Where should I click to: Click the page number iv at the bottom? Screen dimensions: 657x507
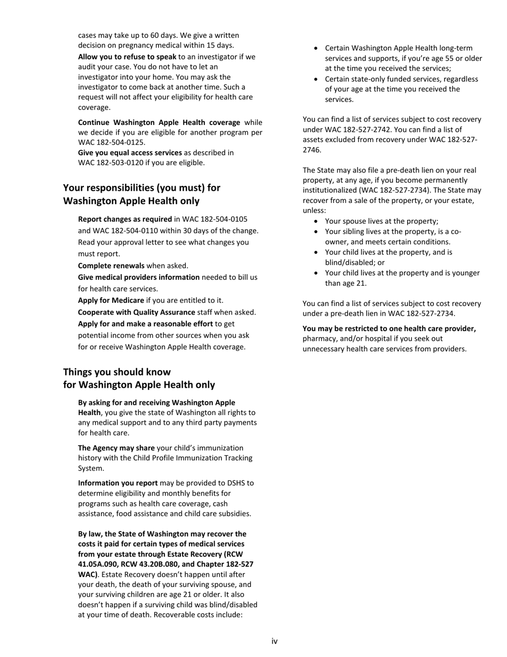(274, 641)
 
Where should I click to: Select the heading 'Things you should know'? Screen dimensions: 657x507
(117, 372)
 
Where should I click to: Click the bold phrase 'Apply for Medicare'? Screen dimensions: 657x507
(111, 300)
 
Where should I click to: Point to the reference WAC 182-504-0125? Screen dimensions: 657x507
(112, 143)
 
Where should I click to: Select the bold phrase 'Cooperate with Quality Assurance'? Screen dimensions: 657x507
(137, 312)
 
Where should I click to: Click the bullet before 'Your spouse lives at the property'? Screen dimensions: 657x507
(318, 221)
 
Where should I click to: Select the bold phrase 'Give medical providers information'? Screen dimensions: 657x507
(139, 277)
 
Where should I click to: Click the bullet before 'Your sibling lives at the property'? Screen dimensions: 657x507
(318, 231)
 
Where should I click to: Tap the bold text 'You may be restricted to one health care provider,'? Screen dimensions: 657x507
(389, 328)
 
